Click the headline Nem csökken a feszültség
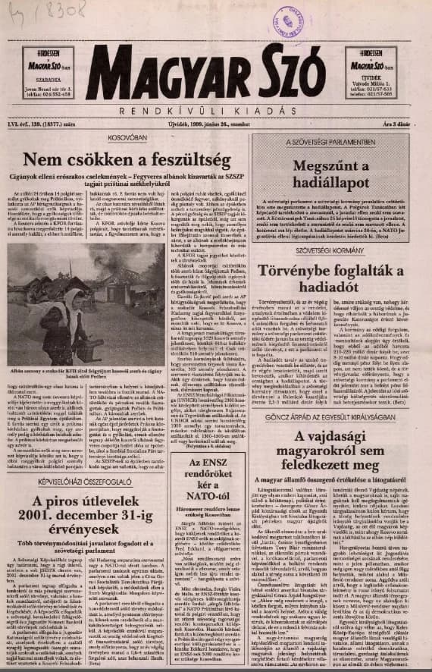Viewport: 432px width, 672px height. click(126, 161)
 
